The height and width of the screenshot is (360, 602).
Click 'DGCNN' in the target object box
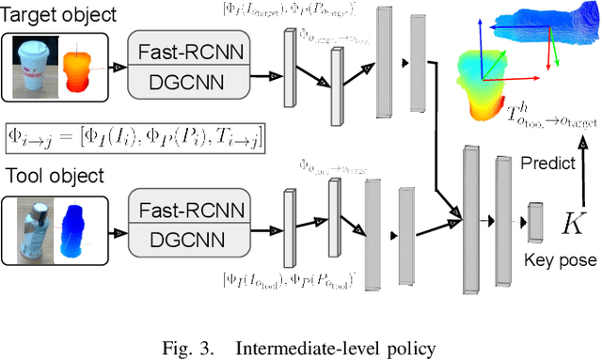coord(188,83)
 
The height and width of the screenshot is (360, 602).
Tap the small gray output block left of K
coord(535,222)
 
